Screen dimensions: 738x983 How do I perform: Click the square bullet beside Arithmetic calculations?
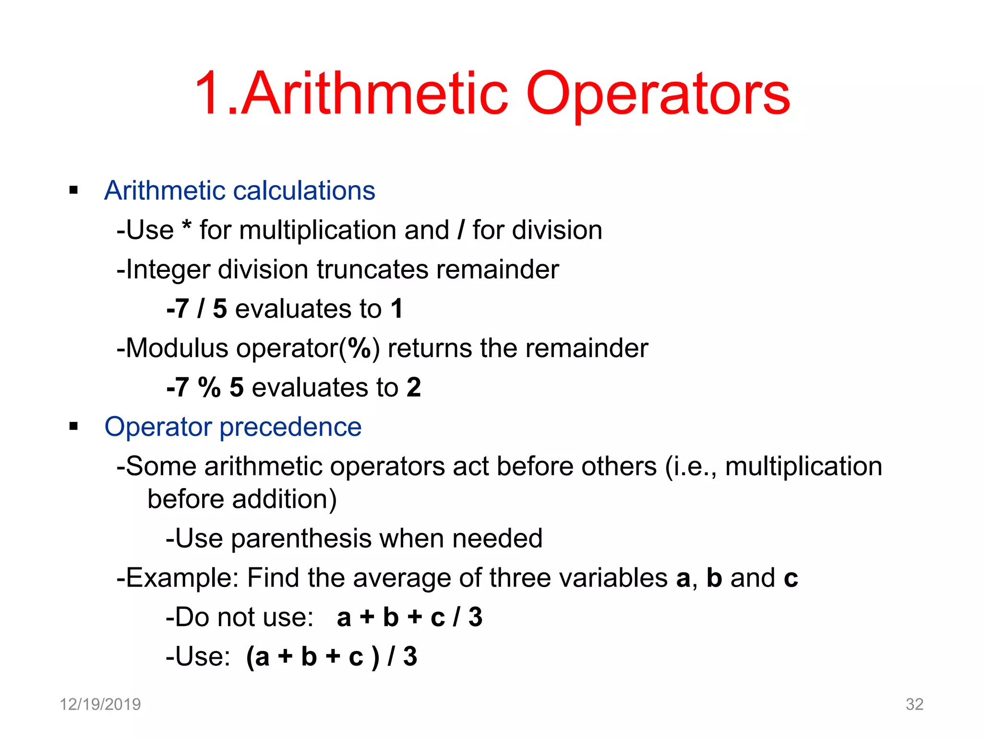pos(73,190)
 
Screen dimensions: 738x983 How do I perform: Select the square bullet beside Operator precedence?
pos(73,426)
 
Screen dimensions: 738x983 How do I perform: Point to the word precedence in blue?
pos(290,427)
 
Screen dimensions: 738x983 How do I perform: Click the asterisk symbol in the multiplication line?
pos(187,226)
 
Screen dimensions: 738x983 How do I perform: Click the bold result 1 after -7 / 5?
pos(396,308)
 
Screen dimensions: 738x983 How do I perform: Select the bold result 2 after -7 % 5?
pos(414,387)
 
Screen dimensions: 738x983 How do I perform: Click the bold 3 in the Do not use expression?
pos(475,617)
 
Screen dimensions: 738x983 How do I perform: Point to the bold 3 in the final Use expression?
pos(410,657)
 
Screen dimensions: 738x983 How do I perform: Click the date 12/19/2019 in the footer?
pos(100,704)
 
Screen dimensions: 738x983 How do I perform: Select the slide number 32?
pos(914,704)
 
